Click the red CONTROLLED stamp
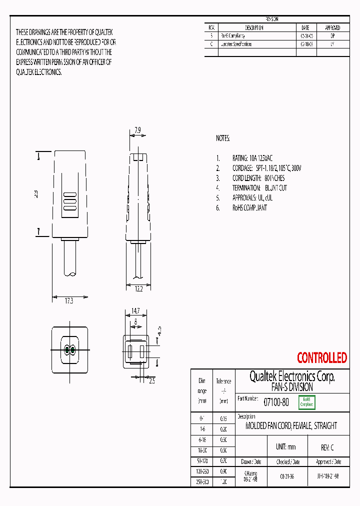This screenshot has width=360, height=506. coord(321,358)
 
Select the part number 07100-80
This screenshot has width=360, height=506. coord(276,401)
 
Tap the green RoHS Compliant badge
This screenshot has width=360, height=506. coord(306,402)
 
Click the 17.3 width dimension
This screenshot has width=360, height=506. coord(68,300)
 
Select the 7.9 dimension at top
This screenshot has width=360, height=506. coord(137,131)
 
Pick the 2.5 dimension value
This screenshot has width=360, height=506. coord(152,381)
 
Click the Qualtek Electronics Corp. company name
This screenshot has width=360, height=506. coord(292,376)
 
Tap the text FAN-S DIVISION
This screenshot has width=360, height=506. coord(292,387)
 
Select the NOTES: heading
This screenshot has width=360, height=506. coord(223,138)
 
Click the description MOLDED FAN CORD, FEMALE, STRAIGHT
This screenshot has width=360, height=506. coord(291,426)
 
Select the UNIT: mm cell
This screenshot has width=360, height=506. coord(285,447)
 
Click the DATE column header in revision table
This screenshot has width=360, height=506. coord(305,28)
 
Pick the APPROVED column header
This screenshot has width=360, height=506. coord(332,28)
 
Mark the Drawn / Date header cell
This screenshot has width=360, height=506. coord(251,462)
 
